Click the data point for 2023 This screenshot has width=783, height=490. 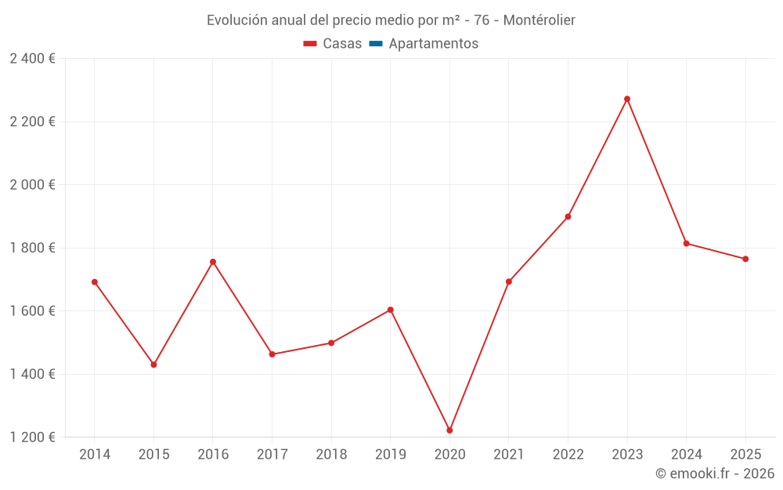pos(627,99)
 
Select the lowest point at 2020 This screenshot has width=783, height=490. pos(449,430)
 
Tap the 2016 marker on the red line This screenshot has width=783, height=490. pos(213,262)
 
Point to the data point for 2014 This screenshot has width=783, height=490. pos(95,282)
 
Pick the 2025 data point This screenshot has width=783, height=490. pos(745,259)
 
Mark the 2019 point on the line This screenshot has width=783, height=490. pos(390,310)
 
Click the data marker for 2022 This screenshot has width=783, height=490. pos(568,216)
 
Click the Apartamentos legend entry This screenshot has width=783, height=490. pos(433,44)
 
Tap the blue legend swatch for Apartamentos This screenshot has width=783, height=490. pos(376,44)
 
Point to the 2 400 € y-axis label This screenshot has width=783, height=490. pos(33,59)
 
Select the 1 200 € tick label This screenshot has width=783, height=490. pos(33,437)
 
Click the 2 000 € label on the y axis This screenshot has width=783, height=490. pos(33,185)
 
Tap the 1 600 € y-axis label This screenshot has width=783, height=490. pos(33,311)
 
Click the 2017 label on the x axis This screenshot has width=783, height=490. pos(272,455)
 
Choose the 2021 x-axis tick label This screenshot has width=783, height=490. pos(509,455)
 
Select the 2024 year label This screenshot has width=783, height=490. pos(686,455)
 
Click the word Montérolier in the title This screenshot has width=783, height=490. pos(539,20)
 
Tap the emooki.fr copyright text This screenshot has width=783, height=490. pos(715,474)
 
